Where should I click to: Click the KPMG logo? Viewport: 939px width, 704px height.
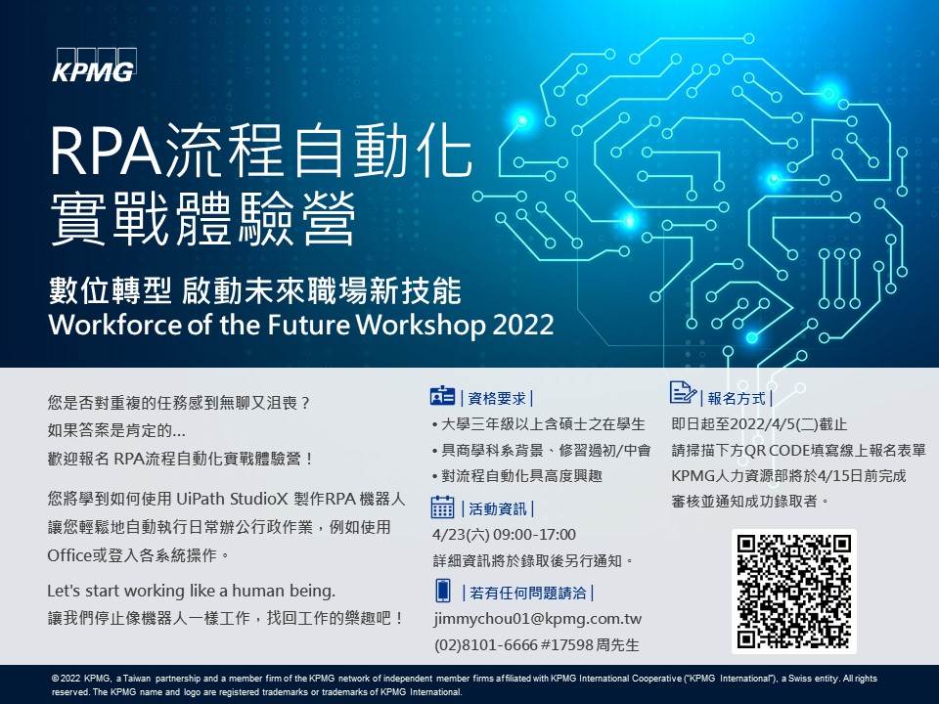pyautogui.click(x=95, y=65)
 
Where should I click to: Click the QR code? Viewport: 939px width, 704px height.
pyautogui.click(x=793, y=591)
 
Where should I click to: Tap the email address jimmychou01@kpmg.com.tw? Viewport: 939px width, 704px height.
pyautogui.click(x=538, y=618)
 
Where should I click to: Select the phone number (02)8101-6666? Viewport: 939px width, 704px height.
pyautogui.click(x=486, y=644)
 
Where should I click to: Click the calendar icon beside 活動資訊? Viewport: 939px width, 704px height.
pyautogui.click(x=442, y=507)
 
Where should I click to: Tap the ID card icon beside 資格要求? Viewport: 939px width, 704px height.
pyautogui.click(x=442, y=396)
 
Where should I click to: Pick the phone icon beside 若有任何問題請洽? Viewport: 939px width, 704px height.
pyautogui.click(x=442, y=591)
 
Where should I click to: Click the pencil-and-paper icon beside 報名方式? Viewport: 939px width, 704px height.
pyautogui.click(x=683, y=392)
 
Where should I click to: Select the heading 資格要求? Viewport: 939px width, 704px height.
pyautogui.click(x=497, y=398)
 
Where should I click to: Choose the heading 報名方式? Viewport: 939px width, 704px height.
pyautogui.click(x=736, y=398)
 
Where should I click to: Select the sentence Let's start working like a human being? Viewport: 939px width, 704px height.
pyautogui.click(x=191, y=591)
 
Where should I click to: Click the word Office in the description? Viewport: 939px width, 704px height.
pyautogui.click(x=69, y=555)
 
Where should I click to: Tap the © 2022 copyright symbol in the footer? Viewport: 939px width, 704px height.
pyautogui.click(x=55, y=679)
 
